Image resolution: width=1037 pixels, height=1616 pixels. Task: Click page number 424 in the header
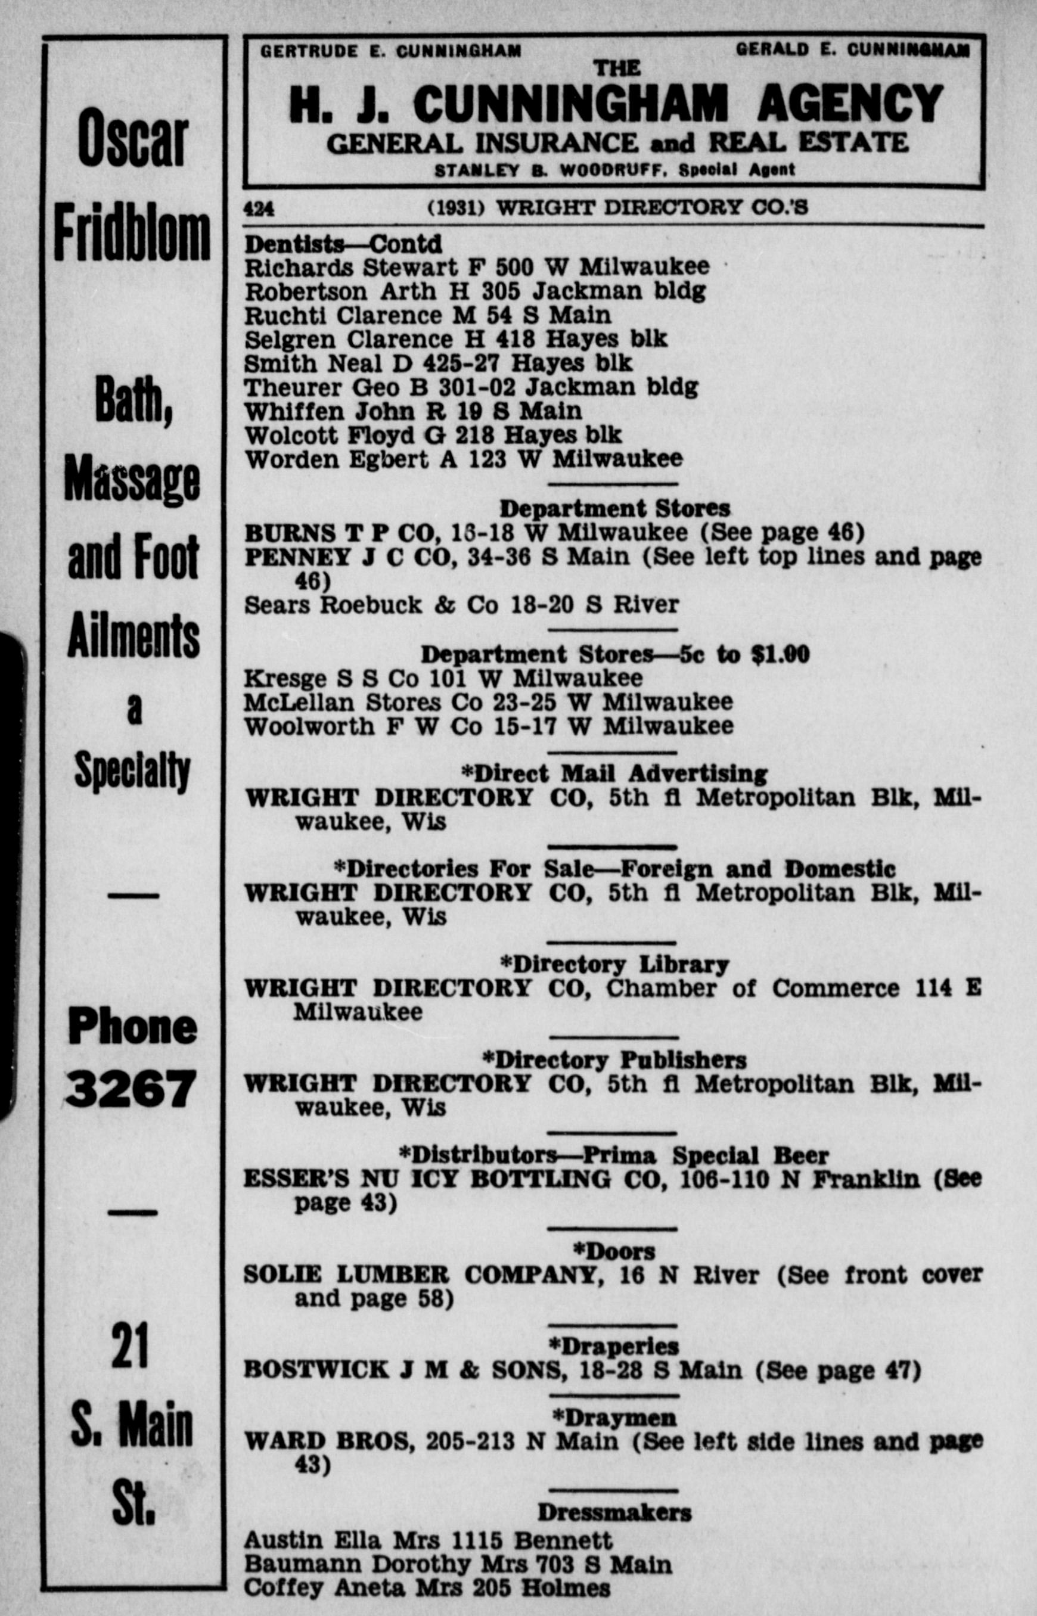(259, 209)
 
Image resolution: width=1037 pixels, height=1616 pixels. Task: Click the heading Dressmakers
(614, 1512)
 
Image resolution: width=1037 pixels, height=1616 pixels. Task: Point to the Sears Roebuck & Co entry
(461, 605)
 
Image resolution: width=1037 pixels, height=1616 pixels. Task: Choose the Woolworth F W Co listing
(488, 726)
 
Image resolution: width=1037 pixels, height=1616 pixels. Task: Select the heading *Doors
(613, 1251)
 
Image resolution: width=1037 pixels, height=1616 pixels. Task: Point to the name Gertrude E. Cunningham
(390, 51)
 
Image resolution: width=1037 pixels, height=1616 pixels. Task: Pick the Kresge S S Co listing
(442, 678)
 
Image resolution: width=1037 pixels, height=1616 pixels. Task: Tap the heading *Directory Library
(614, 965)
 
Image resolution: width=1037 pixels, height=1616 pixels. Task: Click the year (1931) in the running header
(457, 208)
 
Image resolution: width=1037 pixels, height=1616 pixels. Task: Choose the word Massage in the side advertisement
(133, 479)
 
